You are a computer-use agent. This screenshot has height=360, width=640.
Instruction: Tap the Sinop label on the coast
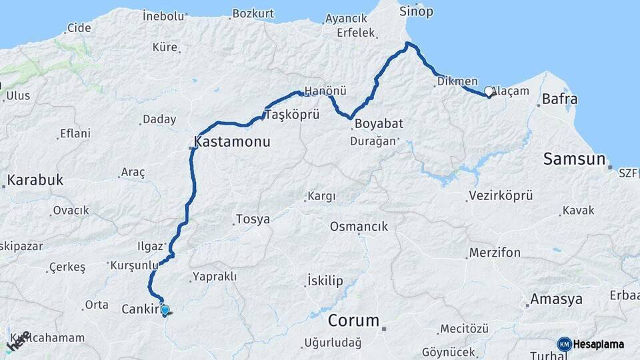pyautogui.click(x=416, y=11)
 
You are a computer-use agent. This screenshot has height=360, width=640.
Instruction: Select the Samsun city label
pyautogui.click(x=574, y=159)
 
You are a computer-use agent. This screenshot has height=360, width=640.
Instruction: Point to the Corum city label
pyautogui.click(x=353, y=320)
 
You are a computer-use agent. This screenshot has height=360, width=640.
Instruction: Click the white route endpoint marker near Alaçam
pyautogui.click(x=489, y=92)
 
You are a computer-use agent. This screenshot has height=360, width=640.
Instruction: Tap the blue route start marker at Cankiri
pyautogui.click(x=165, y=310)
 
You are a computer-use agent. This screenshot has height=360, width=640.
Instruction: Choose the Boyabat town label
pyautogui.click(x=379, y=124)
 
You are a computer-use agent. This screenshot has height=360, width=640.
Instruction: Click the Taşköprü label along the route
pyautogui.click(x=293, y=115)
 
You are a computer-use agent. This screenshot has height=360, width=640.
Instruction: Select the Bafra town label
pyautogui.click(x=559, y=99)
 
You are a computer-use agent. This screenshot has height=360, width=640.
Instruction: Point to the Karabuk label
pyautogui.click(x=35, y=180)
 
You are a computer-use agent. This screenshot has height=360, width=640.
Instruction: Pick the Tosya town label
pyautogui.click(x=253, y=219)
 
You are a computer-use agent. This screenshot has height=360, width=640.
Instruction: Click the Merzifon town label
pyautogui.click(x=495, y=253)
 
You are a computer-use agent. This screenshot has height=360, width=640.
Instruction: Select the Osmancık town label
pyautogui.click(x=359, y=227)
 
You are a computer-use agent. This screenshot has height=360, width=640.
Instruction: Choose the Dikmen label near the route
pyautogui.click(x=457, y=81)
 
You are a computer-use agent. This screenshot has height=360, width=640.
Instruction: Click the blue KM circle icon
pyautogui.click(x=564, y=344)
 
